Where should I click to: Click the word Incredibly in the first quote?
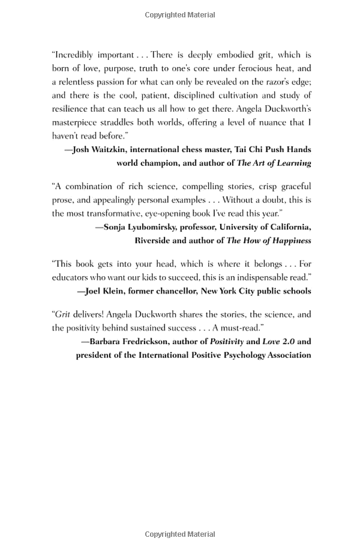[76, 55]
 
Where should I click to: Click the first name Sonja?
[116, 226]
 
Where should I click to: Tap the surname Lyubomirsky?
[158, 226]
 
